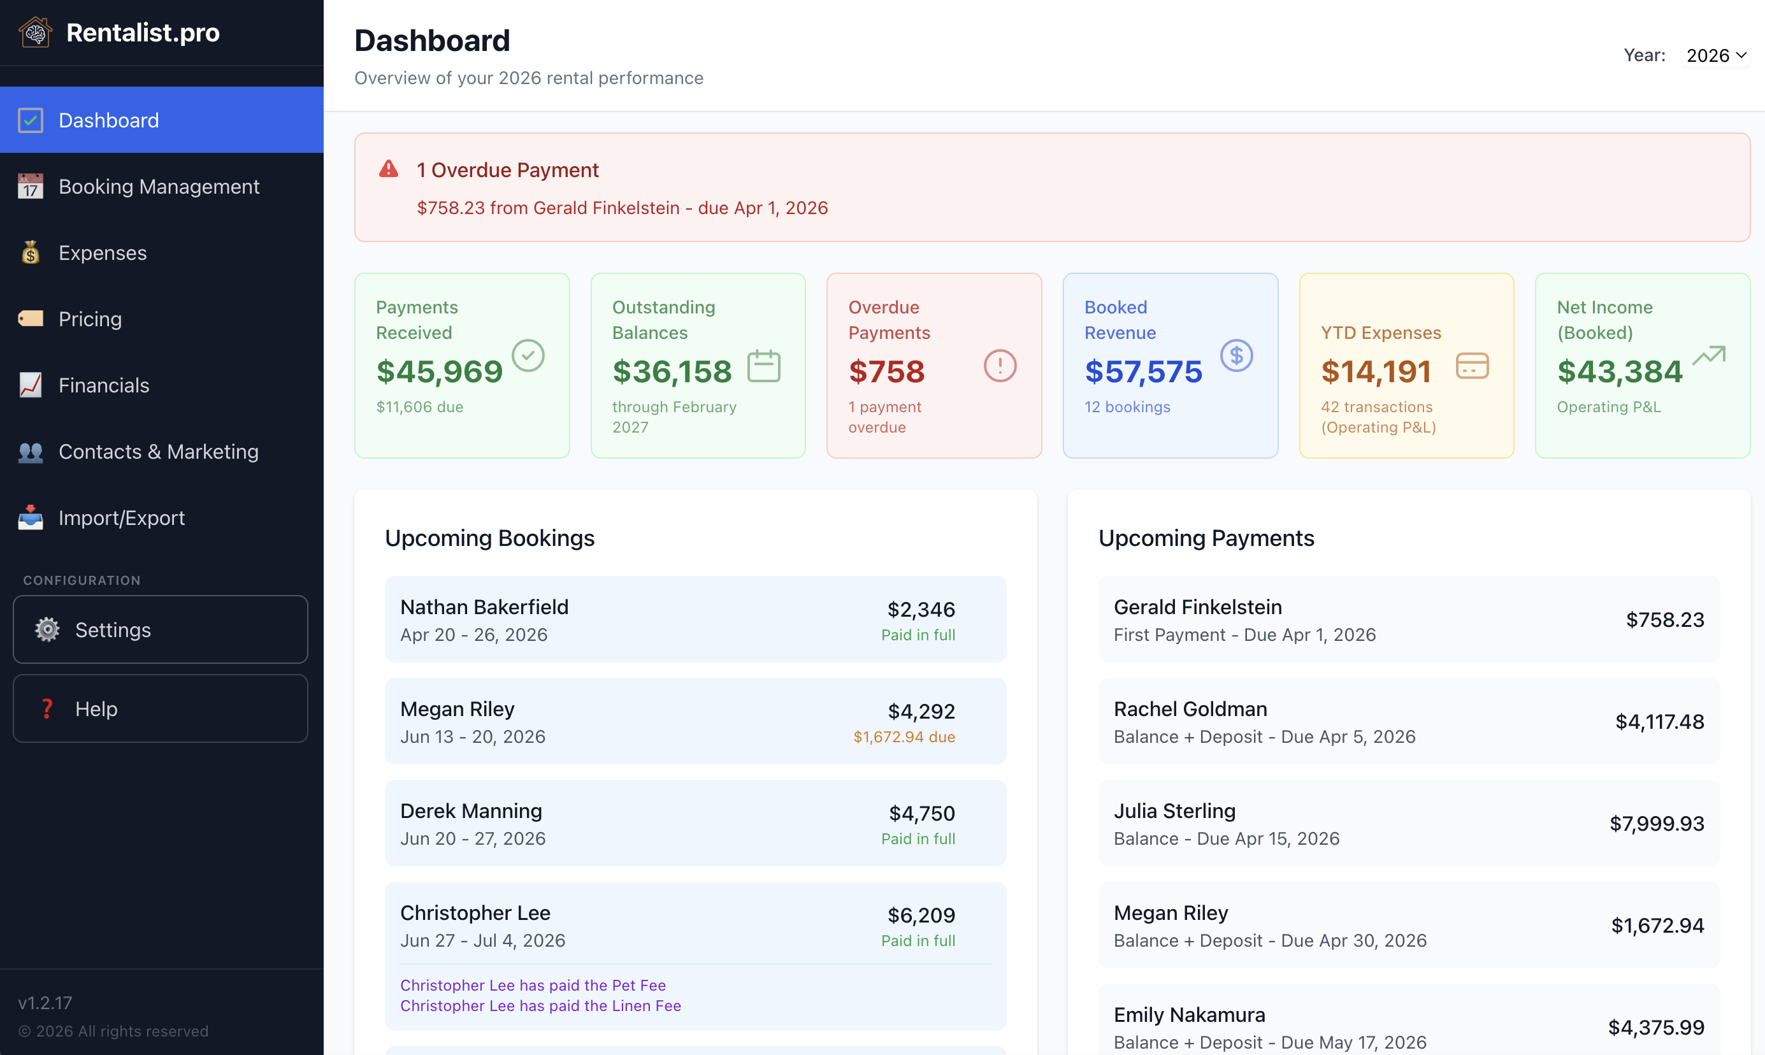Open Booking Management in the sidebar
(x=159, y=186)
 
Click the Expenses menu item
(x=103, y=252)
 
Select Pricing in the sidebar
(x=90, y=319)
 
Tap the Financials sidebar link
(x=104, y=385)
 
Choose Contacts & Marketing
(x=158, y=452)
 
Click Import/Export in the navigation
(x=122, y=517)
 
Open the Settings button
(x=160, y=629)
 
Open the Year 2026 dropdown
(x=1715, y=55)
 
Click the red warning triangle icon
(x=388, y=169)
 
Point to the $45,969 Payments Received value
(x=439, y=371)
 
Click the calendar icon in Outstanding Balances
(x=763, y=366)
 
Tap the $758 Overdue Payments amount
(x=886, y=371)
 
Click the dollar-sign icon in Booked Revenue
(x=1236, y=355)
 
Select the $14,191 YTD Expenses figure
(x=1376, y=371)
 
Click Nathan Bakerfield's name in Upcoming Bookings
(x=484, y=606)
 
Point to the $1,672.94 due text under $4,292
(x=904, y=736)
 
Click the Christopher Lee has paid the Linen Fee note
(x=540, y=1005)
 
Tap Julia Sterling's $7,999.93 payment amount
(x=1656, y=823)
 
